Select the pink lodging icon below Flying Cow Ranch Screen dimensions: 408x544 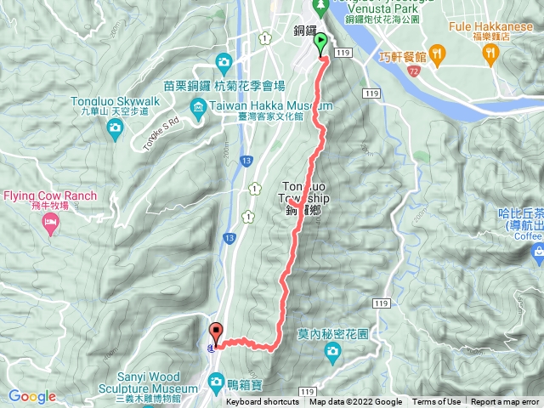[x=50, y=224]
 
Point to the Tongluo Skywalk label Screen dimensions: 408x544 [x=115, y=99]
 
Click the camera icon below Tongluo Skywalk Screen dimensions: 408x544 [x=115, y=127]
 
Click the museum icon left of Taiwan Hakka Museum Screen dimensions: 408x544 [x=197, y=105]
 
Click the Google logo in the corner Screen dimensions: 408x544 [x=31, y=396]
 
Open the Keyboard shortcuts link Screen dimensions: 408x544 [x=263, y=402]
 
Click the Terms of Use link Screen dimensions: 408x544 [x=437, y=402]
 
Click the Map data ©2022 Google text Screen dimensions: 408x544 [x=355, y=402]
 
